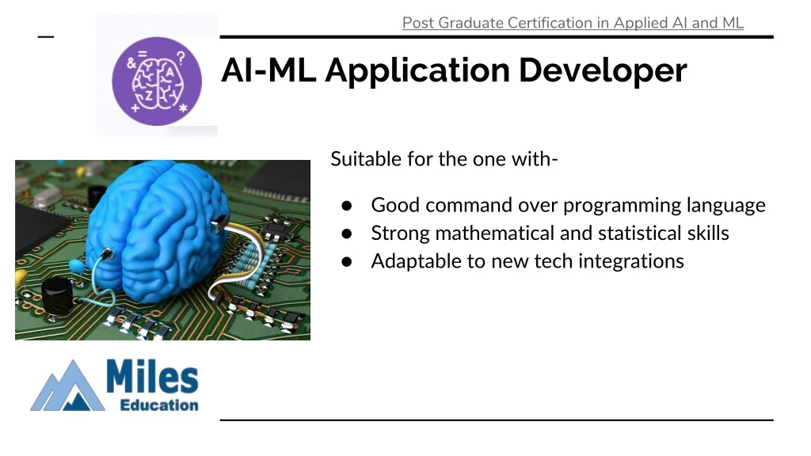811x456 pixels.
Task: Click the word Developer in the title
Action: pos(603,70)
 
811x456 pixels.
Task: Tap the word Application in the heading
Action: pos(417,70)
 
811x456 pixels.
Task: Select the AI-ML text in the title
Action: pos(268,70)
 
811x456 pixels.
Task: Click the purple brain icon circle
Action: pos(157,82)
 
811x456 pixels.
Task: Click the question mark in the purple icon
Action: pos(181,57)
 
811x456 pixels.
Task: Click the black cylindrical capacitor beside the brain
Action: pos(57,296)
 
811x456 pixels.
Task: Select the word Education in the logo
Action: pos(159,405)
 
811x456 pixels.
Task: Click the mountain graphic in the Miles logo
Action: pos(68,386)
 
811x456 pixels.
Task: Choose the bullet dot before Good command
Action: pos(347,206)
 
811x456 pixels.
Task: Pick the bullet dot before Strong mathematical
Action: pos(347,234)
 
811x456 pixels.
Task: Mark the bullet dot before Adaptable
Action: pos(347,261)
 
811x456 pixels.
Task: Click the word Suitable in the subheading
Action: pos(366,158)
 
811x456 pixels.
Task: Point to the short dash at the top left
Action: pos(46,36)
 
